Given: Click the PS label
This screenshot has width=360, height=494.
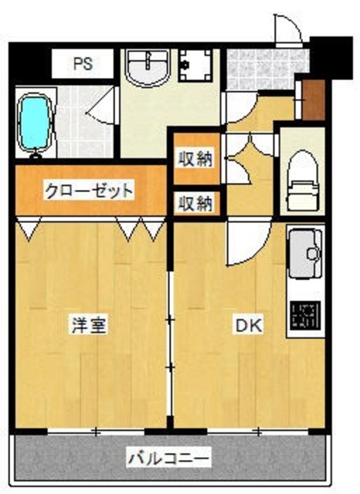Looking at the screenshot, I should coord(83,64).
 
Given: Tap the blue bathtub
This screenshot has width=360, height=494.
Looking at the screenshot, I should coord(33,123).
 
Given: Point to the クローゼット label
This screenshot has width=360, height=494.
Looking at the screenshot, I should coord(89,189).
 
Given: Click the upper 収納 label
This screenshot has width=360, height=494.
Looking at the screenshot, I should coord(195,160).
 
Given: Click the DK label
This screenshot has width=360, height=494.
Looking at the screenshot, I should coord(248,325).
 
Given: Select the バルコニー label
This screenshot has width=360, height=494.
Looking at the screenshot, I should coord(168,458).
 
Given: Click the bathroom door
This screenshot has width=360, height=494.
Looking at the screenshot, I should coord(101,113).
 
